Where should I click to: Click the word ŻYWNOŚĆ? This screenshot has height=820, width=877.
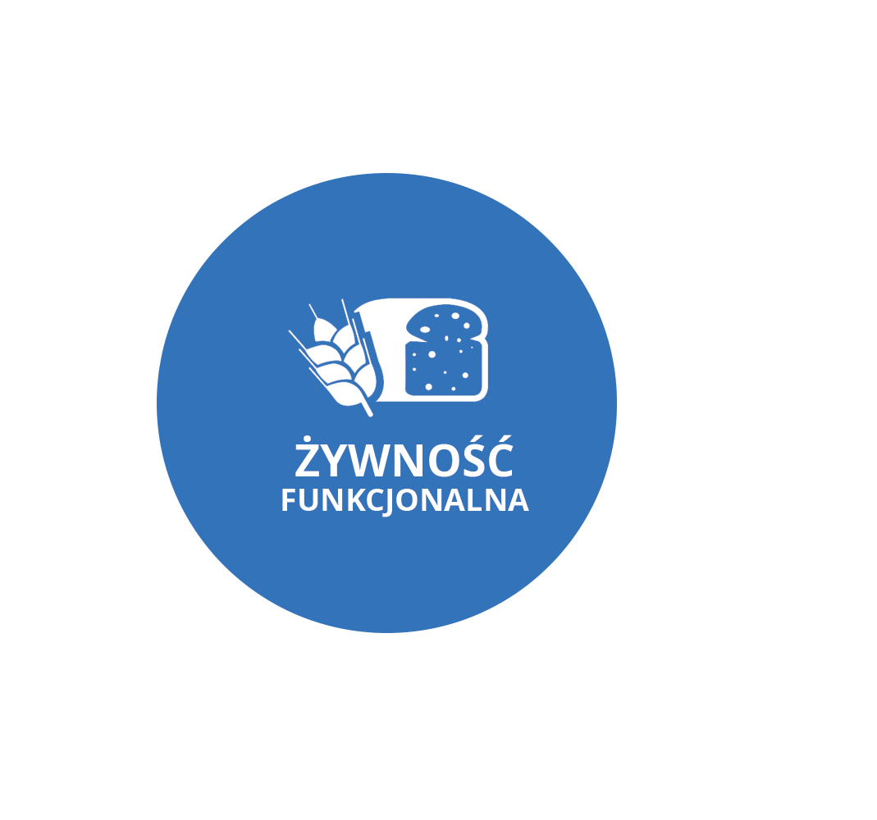coord(404,457)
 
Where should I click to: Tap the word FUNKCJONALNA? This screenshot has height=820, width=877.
coord(405,501)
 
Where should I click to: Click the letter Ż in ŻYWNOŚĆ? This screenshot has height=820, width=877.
coord(308,457)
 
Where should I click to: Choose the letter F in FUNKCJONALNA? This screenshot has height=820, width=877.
coord(288,500)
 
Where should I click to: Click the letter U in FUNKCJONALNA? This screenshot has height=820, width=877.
coord(308,500)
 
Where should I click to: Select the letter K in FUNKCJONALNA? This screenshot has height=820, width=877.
coord(356,500)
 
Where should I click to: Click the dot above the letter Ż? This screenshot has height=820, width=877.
coord(307,439)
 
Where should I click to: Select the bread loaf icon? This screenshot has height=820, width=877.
coord(431,350)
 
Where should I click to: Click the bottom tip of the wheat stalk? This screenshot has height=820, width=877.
coord(370,415)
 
